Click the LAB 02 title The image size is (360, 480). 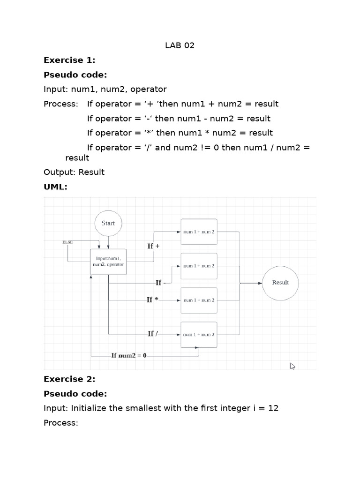pos(180,45)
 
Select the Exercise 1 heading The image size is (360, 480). pos(69,60)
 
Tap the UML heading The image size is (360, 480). pos(55,187)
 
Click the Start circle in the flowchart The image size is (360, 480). pos(108,224)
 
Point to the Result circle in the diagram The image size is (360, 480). pos(280,283)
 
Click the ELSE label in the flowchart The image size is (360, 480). pos(67,242)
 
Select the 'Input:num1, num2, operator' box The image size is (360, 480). pos(109,261)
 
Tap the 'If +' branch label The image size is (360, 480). pos(153,246)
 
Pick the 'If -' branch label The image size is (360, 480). pos(160,283)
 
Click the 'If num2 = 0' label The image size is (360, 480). pos(128,355)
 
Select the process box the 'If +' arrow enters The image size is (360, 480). pos(199,232)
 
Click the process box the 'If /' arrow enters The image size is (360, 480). pos(199,335)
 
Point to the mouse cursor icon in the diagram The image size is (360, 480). pos(292,366)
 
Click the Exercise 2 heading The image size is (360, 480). pos(69,379)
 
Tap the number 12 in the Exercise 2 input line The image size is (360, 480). pos(273,408)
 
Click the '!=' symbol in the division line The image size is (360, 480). pos(190,148)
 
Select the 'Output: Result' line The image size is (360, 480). pos(74,172)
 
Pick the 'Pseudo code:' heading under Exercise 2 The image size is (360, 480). pos(75,394)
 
